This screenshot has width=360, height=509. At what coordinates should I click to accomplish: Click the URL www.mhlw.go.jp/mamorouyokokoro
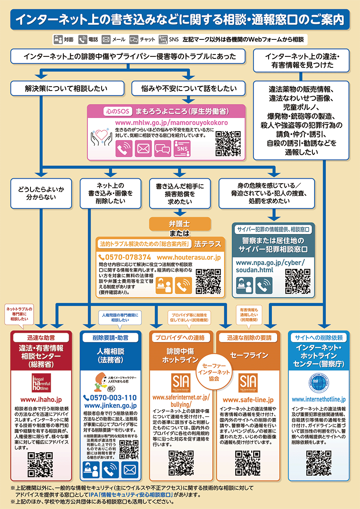(171, 122)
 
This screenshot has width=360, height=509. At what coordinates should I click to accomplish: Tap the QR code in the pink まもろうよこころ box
(228, 143)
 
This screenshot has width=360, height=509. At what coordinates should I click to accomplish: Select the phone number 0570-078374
(125, 257)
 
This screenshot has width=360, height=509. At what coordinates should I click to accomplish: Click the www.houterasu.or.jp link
(188, 257)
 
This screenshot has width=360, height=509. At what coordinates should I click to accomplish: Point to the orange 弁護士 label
(180, 223)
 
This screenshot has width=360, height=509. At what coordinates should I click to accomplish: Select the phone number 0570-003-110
(110, 398)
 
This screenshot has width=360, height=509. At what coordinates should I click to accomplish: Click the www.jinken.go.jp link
(110, 405)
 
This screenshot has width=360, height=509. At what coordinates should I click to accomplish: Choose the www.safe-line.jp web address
(248, 400)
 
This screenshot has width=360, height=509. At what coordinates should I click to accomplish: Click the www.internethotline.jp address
(319, 400)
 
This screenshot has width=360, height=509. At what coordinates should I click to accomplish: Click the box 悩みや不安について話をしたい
(188, 88)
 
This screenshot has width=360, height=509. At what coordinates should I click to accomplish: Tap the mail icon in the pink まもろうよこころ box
(143, 149)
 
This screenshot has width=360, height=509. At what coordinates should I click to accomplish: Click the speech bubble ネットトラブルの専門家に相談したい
(19, 314)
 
